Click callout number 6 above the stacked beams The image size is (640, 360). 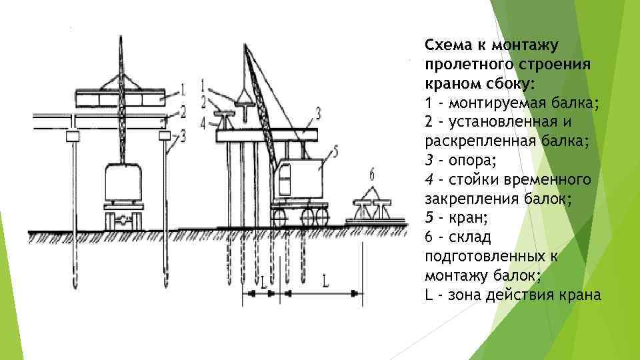pyautogui.click(x=372, y=175)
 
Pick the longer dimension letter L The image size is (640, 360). pyautogui.click(x=324, y=281)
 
